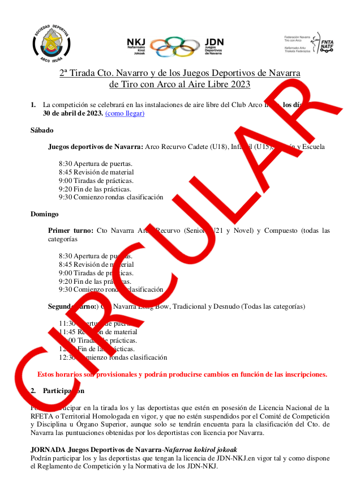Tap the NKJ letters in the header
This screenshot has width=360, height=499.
point(136,42)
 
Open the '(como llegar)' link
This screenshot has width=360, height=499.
point(125,113)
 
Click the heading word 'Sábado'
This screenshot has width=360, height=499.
point(42,130)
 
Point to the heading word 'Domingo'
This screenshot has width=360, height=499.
point(45,214)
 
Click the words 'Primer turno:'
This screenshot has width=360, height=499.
point(70,231)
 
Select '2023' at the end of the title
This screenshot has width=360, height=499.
point(239,84)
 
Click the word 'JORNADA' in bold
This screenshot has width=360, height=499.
point(48,450)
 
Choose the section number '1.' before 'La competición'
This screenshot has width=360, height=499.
point(33,105)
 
